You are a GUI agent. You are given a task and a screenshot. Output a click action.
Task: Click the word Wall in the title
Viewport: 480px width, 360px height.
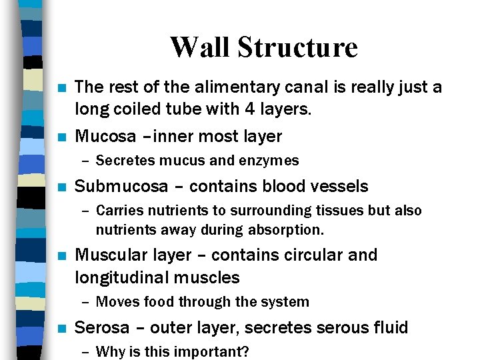click(x=200, y=47)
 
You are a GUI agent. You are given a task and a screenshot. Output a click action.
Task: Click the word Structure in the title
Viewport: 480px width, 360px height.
click(x=297, y=47)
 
